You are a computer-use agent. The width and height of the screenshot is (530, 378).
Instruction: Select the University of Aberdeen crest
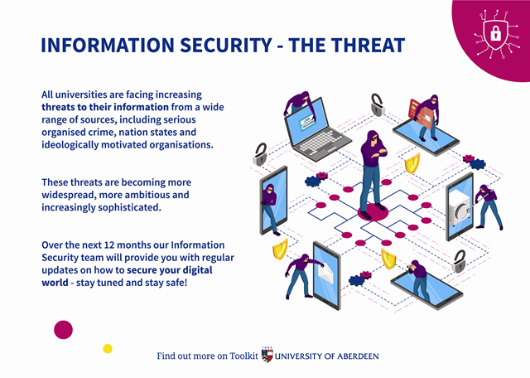(266, 356)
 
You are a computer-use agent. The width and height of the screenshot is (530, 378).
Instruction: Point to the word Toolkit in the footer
(241, 356)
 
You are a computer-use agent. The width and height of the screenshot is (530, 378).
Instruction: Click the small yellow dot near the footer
(108, 348)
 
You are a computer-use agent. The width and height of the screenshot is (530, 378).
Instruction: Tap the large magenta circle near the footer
(64, 329)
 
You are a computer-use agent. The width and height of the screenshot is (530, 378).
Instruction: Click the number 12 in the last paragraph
(119, 245)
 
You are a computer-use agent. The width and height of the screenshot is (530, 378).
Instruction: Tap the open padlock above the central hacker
(377, 105)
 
